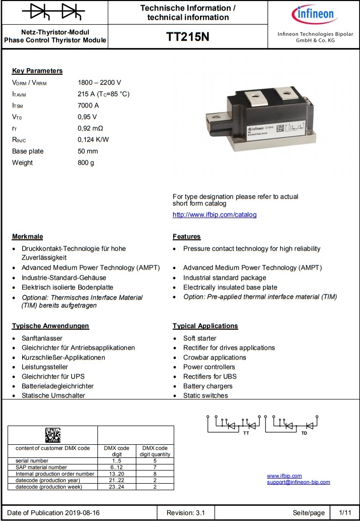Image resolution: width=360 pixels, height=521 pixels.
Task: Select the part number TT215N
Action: pyautogui.click(x=187, y=38)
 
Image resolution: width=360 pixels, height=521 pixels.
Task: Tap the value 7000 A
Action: pyautogui.click(x=88, y=106)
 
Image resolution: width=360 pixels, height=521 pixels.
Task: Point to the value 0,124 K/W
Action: pyautogui.click(x=93, y=139)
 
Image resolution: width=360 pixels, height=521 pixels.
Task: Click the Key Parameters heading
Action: pyautogui.click(x=37, y=71)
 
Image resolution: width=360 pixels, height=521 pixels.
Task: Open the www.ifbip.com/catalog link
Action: pyautogui.click(x=215, y=215)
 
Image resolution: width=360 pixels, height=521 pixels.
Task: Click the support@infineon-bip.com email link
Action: pyautogui.click(x=298, y=482)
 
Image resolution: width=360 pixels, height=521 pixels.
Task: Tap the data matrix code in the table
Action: pyautogui.click(x=53, y=435)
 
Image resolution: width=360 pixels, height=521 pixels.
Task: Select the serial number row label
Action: pyautogui.click(x=32, y=461)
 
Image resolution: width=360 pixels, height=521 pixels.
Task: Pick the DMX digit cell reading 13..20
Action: pyautogui.click(x=117, y=474)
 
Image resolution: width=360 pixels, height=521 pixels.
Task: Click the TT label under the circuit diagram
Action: pyautogui.click(x=246, y=434)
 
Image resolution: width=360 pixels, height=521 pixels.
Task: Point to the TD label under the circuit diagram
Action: pyautogui.click(x=304, y=434)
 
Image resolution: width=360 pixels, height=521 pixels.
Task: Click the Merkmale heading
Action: pyautogui.click(x=27, y=237)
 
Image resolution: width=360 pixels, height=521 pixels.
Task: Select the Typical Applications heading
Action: pyautogui.click(x=205, y=326)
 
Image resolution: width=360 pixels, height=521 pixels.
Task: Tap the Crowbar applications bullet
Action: pyautogui.click(x=215, y=357)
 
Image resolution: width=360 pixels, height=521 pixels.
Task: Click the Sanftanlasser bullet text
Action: pyautogui.click(x=42, y=338)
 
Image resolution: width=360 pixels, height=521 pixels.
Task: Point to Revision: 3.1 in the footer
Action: pyautogui.click(x=186, y=512)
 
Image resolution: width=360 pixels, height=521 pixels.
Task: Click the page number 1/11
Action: pyautogui.click(x=345, y=512)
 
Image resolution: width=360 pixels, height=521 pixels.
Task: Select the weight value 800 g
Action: pyautogui.click(x=86, y=163)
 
